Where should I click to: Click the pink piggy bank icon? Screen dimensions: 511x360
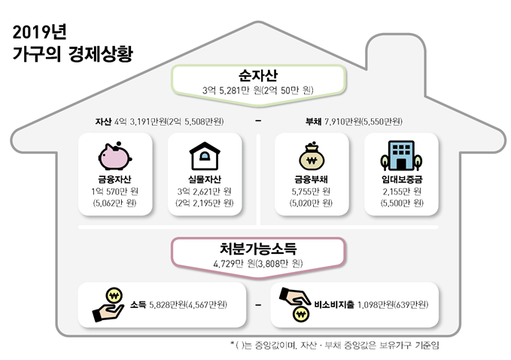pyautogui.click(x=114, y=156)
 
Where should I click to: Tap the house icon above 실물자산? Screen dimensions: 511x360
pyautogui.click(x=205, y=156)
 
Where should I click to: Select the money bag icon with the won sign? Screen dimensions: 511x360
pyautogui.click(x=312, y=156)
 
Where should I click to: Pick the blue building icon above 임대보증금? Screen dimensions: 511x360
pyautogui.click(x=401, y=156)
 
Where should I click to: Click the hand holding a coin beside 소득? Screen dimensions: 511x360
pyautogui.click(x=108, y=305)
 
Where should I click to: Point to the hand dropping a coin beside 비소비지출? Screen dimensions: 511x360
pyautogui.click(x=295, y=304)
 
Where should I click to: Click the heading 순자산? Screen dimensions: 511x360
pyautogui.click(x=258, y=75)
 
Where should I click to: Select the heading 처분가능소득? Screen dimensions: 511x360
pyautogui.click(x=258, y=249)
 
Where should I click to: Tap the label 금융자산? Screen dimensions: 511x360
pyautogui.click(x=114, y=179)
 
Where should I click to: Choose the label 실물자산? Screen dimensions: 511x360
pyautogui.click(x=205, y=179)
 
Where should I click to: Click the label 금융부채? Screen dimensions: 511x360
pyautogui.click(x=312, y=179)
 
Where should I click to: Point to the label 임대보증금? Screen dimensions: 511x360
pyautogui.click(x=402, y=179)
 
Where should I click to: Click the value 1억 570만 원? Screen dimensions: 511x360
pyautogui.click(x=114, y=191)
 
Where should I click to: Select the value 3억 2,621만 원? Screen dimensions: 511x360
pyautogui.click(x=205, y=191)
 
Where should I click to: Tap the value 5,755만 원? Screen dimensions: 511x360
pyautogui.click(x=312, y=191)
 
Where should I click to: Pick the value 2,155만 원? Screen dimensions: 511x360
pyautogui.click(x=402, y=191)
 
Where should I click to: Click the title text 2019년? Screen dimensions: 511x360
pyautogui.click(x=39, y=32)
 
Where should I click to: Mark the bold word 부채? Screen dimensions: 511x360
pyautogui.click(x=313, y=121)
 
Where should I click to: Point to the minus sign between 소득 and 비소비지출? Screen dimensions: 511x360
pyautogui.click(x=258, y=305)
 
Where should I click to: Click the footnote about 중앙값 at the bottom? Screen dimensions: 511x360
pyautogui.click(x=335, y=345)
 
